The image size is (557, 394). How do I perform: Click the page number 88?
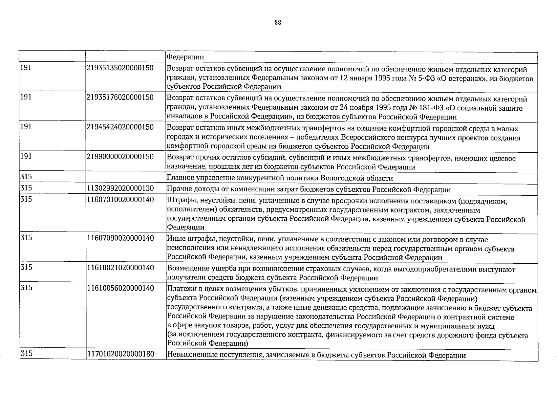pos(278,23)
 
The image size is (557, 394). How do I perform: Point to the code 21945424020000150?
pos(120,127)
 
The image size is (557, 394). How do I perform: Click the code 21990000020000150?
pos(120,157)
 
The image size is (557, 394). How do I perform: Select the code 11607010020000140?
pos(120,199)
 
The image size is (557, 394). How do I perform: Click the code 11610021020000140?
pos(120,268)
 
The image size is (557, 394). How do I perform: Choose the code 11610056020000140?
pos(120,288)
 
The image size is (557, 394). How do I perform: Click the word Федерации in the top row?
pos(185,57)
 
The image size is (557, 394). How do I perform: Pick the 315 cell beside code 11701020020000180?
pos(26,354)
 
